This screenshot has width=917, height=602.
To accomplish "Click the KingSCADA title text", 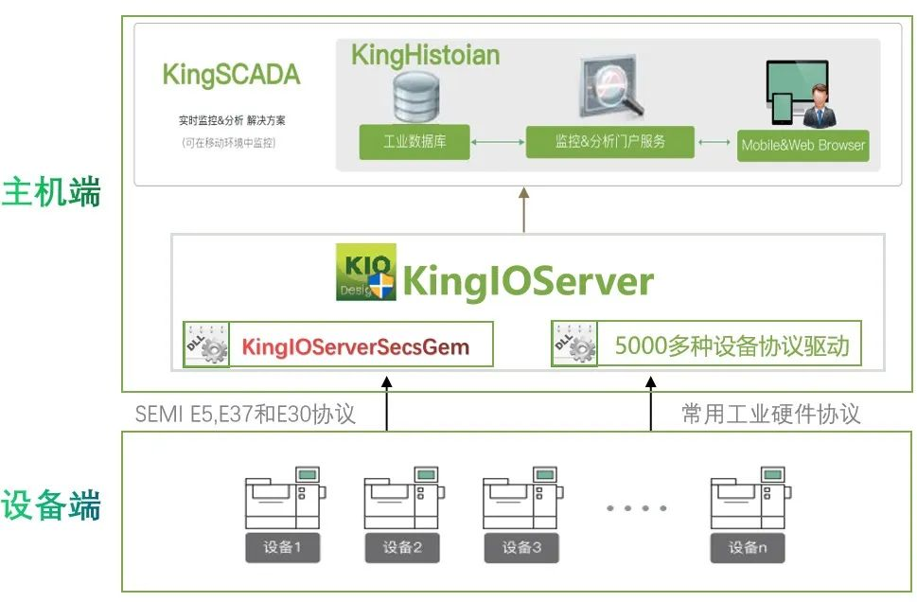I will [231, 75].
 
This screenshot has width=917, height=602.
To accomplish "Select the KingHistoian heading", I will [425, 55].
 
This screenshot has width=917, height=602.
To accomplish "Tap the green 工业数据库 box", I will [414, 142].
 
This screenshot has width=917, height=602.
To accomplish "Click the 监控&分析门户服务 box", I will [609, 142].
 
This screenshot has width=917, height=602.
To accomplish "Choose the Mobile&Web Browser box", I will [802, 145].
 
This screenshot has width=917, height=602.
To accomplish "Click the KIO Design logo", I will [365, 274].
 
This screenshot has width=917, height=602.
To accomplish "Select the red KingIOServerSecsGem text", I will [355, 346].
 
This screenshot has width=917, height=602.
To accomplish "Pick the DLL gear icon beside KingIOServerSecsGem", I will [206, 345].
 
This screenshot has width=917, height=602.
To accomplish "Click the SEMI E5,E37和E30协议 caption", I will [245, 414].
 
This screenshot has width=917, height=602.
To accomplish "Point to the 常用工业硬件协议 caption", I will [770, 414].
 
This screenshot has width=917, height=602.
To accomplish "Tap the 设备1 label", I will [282, 547].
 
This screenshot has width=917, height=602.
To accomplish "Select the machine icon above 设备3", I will [521, 498].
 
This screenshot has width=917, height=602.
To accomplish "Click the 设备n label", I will [748, 547].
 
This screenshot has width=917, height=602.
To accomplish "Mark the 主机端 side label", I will [51, 194].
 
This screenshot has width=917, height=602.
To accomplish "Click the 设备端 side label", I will [51, 505].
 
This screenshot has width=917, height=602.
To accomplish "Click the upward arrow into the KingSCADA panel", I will [523, 208].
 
